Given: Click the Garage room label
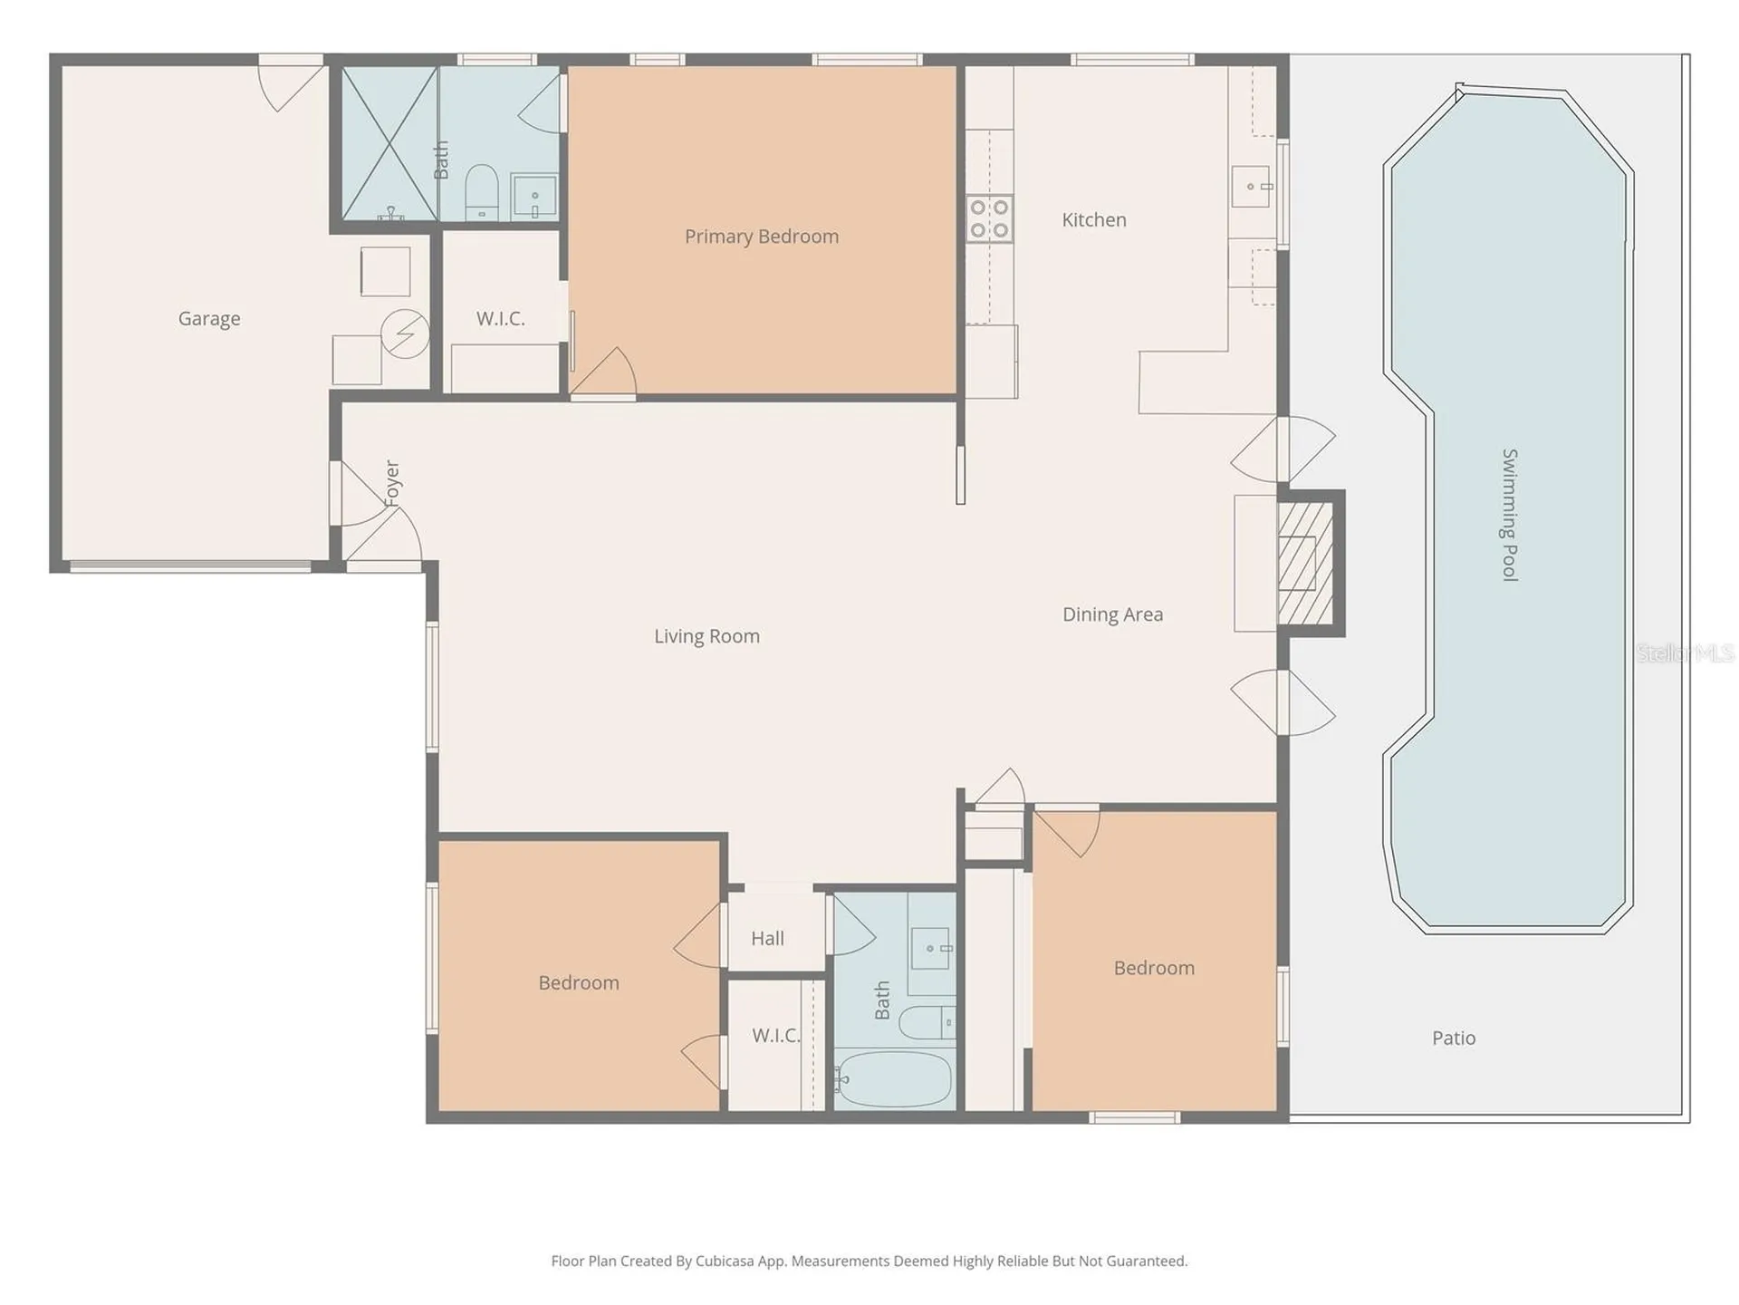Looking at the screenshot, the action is [209, 319].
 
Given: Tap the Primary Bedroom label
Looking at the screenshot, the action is [762, 237].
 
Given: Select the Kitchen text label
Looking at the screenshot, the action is [1094, 220].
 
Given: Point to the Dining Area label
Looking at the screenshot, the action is [1113, 614].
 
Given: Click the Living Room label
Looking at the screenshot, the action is [707, 636].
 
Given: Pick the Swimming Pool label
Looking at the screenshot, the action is [1509, 515].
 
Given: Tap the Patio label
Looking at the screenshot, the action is [1454, 1039].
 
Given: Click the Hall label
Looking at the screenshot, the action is [767, 939].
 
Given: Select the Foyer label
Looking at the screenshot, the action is [391, 484].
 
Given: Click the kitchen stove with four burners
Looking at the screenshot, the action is [989, 219].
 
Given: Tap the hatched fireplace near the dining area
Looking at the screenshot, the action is [1305, 564].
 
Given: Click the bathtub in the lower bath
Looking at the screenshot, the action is [893, 1079].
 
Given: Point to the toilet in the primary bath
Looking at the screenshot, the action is [481, 191].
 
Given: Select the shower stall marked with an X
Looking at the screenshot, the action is [389, 143].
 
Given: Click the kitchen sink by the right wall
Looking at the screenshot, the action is [1253, 187].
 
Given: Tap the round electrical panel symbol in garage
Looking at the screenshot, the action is [405, 333].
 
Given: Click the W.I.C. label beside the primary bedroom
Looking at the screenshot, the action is [501, 319].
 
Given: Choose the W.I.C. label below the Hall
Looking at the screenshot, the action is [776, 1036].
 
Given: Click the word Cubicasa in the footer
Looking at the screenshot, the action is [725, 1261].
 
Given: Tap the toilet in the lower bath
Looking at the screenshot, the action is [927, 1023].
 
